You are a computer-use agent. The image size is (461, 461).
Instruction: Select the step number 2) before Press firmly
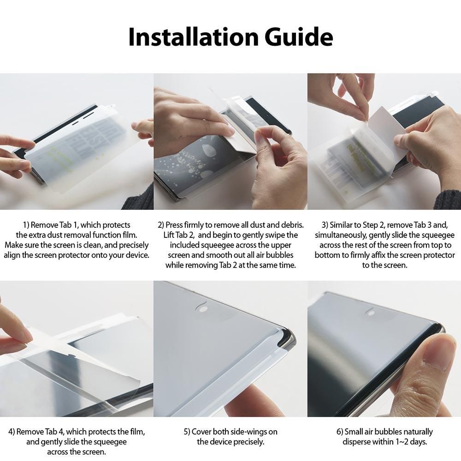(x=161, y=225)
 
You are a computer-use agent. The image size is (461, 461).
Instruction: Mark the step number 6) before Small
(x=340, y=432)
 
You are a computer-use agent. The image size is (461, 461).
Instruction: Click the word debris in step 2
(x=291, y=225)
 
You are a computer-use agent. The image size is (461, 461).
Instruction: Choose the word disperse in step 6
(x=358, y=442)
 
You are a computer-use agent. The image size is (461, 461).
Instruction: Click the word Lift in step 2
(x=170, y=235)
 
